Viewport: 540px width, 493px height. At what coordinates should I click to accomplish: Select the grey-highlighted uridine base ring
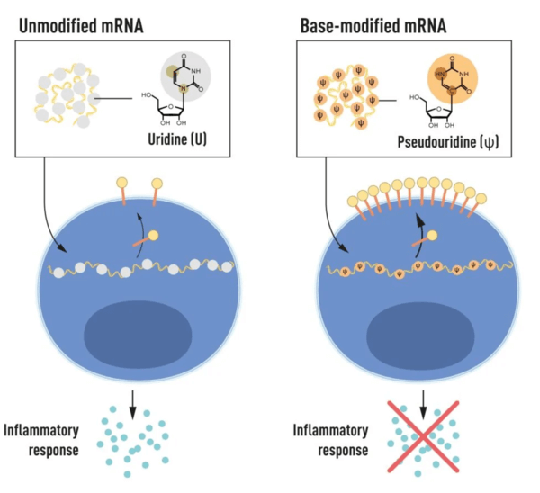(x=185, y=76)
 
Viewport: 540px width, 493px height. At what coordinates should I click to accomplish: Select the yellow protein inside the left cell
(x=153, y=236)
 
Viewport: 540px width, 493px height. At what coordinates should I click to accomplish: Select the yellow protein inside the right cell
(x=433, y=235)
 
